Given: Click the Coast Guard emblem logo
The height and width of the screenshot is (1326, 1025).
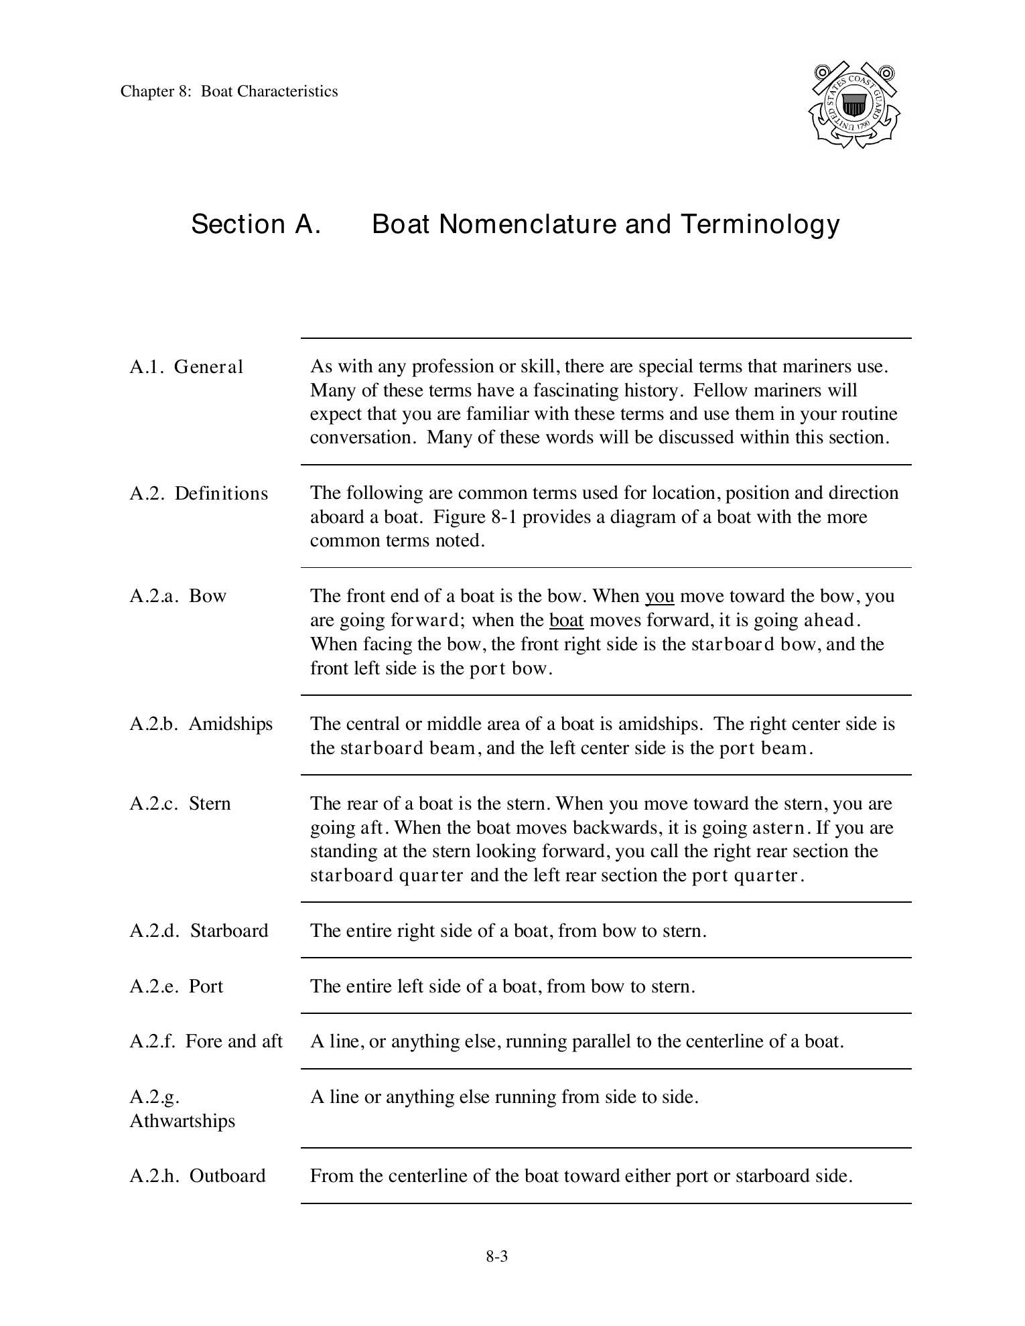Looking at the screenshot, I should tap(853, 105).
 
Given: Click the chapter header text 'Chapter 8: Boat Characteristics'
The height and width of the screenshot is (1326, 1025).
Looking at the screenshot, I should tap(229, 91).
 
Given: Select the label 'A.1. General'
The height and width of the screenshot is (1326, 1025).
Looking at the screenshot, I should tap(186, 367).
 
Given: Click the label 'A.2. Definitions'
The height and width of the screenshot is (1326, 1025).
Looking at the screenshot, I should tap(198, 494).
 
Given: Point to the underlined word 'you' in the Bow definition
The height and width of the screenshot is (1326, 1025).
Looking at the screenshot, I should tap(659, 596).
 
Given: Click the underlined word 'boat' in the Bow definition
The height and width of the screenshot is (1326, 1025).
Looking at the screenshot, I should tap(566, 620).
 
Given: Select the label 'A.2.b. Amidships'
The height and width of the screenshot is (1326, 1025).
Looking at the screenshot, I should tap(201, 724).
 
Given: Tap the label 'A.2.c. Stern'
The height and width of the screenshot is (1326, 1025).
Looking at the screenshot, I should tap(180, 804).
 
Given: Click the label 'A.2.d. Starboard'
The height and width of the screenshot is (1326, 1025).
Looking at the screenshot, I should tap(198, 931).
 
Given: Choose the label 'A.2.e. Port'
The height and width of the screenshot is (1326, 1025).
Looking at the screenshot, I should tap(176, 986).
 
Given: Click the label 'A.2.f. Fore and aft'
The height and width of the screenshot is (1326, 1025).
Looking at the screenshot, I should tap(206, 1041).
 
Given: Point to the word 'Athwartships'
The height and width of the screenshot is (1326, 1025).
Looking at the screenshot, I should tap(182, 1121).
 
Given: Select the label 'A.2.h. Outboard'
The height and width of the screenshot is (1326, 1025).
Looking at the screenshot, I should tap(198, 1176).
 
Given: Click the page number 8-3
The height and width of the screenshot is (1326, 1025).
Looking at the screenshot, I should tap(497, 1256).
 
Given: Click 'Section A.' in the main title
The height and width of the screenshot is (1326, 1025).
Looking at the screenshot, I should tap(256, 224).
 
